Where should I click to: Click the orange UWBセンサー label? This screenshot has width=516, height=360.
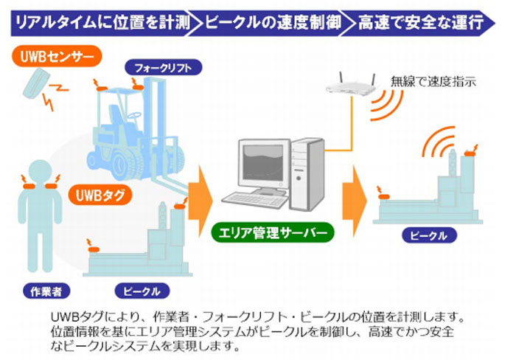[57, 56]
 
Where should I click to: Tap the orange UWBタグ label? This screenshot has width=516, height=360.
[100, 195]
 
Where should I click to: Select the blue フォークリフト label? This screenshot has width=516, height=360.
[163, 68]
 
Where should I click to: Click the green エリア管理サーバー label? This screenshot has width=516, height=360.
[273, 232]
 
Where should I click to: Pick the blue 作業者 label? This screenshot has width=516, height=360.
[46, 291]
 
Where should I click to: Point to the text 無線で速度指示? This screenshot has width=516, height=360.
[433, 81]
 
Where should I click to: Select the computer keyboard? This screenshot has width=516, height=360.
[254, 200]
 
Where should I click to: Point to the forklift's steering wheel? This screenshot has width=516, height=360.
[134, 116]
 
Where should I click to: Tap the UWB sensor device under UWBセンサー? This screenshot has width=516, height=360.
[35, 83]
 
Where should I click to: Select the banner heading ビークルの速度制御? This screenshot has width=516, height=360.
[273, 23]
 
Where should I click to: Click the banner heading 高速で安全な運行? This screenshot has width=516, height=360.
[421, 23]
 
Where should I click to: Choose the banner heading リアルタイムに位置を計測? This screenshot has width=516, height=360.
[102, 23]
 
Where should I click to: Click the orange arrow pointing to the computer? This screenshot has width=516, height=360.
[200, 200]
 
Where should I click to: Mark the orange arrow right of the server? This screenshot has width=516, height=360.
[354, 201]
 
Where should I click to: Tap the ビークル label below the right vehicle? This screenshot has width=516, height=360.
[429, 235]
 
